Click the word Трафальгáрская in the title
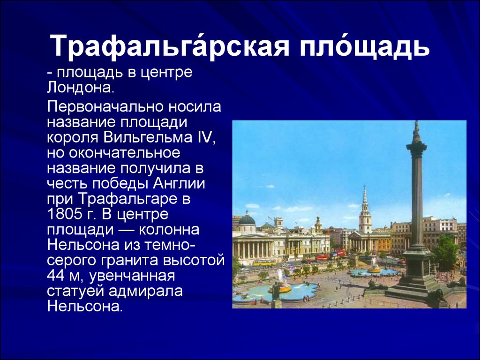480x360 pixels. click(x=170, y=46)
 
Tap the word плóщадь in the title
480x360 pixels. click(x=365, y=46)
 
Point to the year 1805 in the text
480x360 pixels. click(x=62, y=214)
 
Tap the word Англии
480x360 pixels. click(x=179, y=183)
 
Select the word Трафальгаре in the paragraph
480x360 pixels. click(x=128, y=199)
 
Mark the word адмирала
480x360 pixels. click(x=145, y=291)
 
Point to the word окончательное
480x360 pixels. click(x=125, y=153)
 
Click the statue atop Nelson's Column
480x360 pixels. click(x=416, y=127)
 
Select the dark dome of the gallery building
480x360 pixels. click(x=247, y=218)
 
